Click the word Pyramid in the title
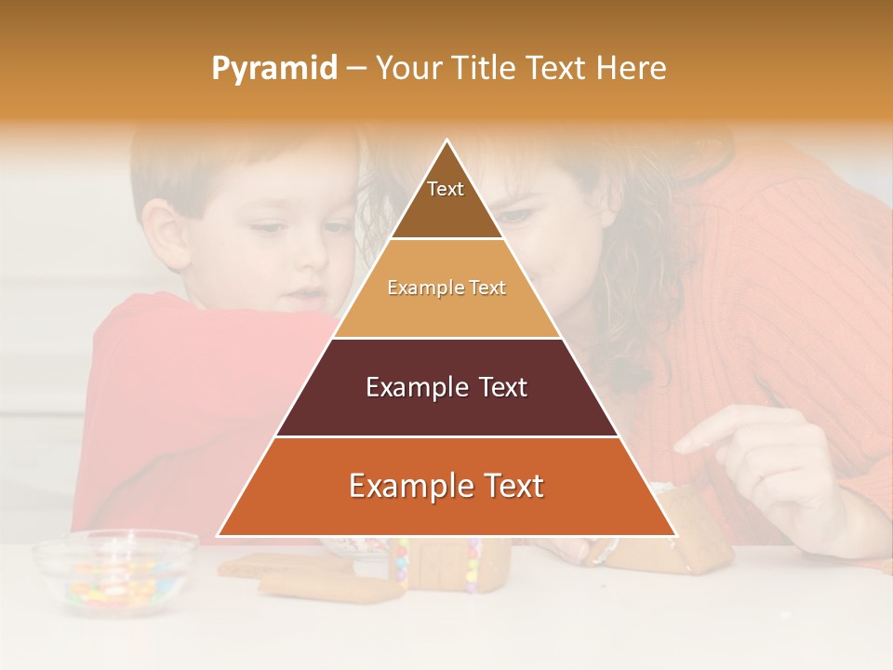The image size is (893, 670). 273,69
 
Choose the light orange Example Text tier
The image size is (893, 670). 446,288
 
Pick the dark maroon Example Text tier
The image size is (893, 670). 446,388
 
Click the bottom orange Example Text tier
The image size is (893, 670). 446,487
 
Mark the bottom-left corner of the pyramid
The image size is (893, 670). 219,536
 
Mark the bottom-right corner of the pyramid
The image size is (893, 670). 675,536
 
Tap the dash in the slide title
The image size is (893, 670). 356,69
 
